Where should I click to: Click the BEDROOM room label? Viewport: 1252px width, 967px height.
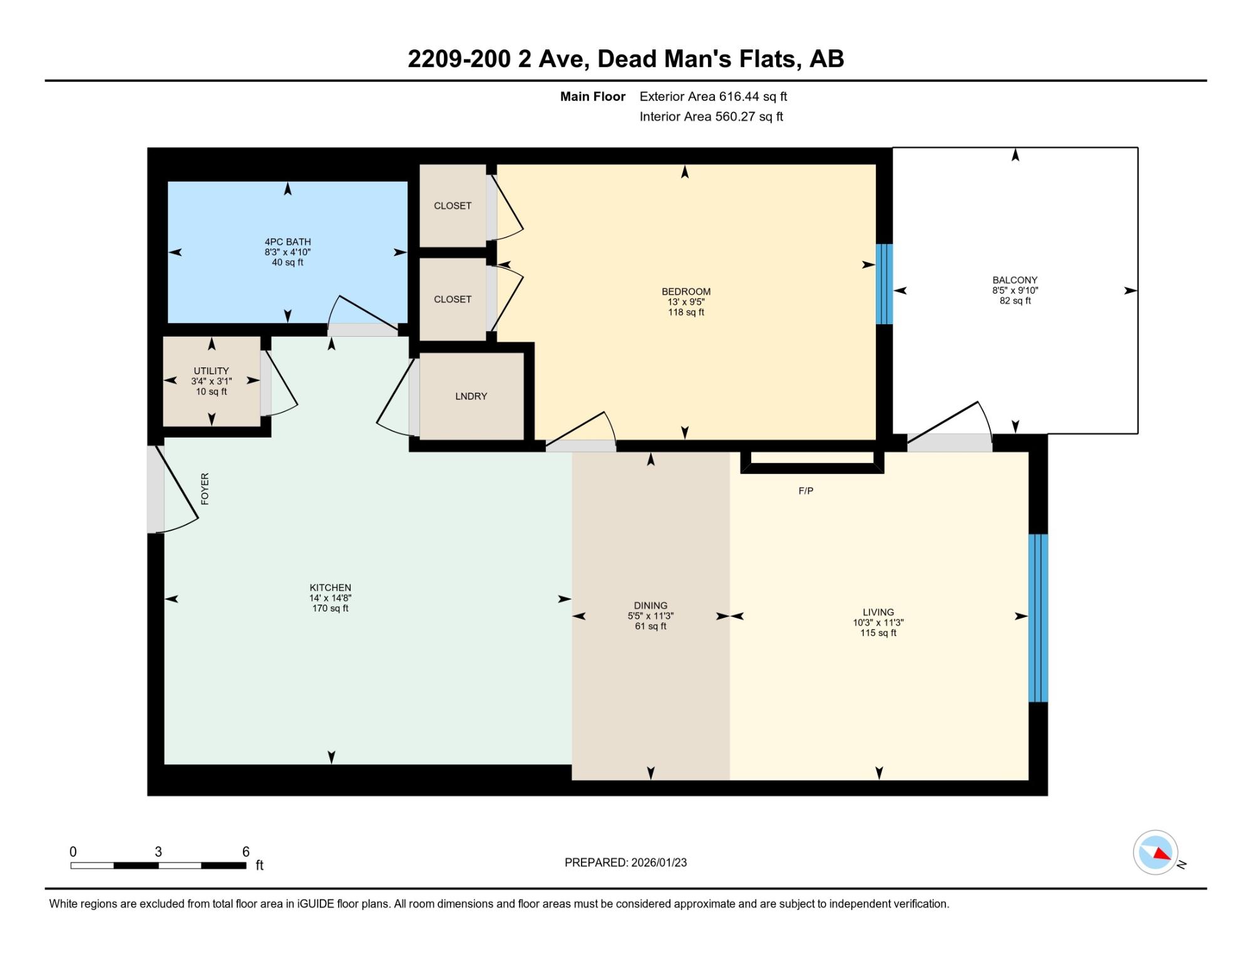coord(686,292)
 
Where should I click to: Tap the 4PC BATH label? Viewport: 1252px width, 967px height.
coord(287,242)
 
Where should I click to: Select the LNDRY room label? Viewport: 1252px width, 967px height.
coord(471,396)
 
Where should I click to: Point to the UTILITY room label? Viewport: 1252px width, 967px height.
coord(211,371)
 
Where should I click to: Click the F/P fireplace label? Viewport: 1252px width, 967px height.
coord(806,491)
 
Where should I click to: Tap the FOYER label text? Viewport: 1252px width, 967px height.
coord(205,489)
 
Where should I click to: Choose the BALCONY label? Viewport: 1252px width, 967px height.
coord(1015,280)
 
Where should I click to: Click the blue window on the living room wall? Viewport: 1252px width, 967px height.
coord(1038,618)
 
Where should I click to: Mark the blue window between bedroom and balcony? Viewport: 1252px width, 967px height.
coord(884,284)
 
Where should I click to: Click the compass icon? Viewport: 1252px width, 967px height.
coord(1156,852)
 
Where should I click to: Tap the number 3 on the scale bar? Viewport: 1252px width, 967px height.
coord(158,852)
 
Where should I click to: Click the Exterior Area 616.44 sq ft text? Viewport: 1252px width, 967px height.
coord(713,96)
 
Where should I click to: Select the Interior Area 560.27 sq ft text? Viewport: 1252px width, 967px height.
coord(711,116)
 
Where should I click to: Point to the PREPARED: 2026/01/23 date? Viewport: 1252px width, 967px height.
coord(625,862)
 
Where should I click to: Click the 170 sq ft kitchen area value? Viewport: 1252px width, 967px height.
coord(330,608)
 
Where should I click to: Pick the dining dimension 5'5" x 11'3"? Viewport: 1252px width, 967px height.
coord(650,616)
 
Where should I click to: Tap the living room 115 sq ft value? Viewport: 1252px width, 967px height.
coord(878,633)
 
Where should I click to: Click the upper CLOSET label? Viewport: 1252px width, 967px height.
coord(453,206)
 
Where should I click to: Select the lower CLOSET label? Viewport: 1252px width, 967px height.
coord(453,299)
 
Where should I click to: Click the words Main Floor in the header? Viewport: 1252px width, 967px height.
coord(593,96)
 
